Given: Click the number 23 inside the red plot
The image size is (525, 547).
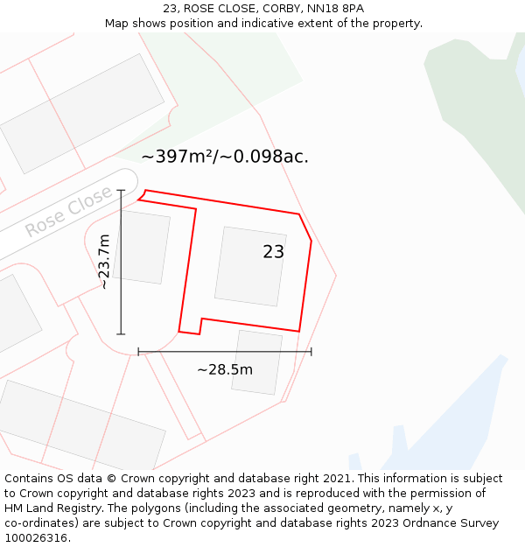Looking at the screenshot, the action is (273, 252).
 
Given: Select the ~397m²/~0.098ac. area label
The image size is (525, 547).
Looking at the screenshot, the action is (225, 157).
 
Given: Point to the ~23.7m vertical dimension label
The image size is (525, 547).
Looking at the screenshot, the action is (103, 262).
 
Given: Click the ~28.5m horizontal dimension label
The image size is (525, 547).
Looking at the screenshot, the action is (225, 369).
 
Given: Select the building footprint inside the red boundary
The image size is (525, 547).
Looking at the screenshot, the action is (249, 266).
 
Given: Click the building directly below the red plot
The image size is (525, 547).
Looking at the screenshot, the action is (257, 361).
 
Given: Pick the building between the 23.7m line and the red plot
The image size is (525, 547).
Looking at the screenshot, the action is (142, 247).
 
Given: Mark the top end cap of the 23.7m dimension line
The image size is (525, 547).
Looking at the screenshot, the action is (121, 190).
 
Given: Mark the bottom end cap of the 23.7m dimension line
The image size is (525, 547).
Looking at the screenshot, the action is (121, 334).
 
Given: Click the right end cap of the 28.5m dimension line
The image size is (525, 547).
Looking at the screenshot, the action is (311, 352).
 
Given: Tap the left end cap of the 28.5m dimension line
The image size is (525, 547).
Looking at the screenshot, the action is (138, 352).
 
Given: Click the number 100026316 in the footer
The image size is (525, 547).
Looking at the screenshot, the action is (38, 537).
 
